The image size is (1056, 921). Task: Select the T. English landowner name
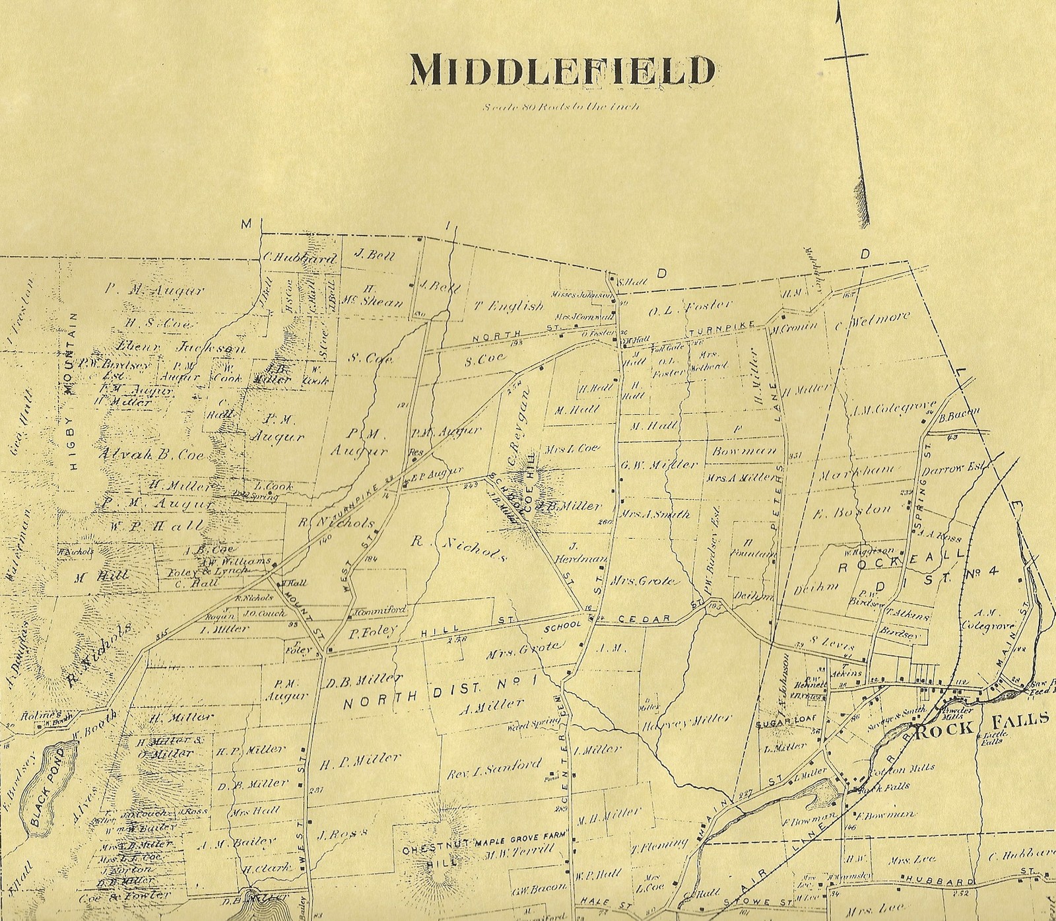509,306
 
